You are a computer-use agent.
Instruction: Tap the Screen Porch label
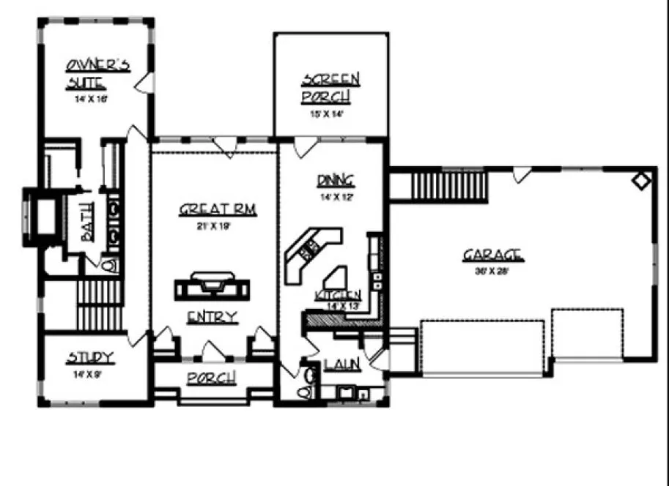330,87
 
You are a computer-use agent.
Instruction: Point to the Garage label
492,255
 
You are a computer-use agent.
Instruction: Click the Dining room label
336,180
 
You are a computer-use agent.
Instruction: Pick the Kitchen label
337,295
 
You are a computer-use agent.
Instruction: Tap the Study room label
90,357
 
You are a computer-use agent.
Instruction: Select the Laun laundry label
341,364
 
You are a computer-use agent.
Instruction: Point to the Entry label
212,317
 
